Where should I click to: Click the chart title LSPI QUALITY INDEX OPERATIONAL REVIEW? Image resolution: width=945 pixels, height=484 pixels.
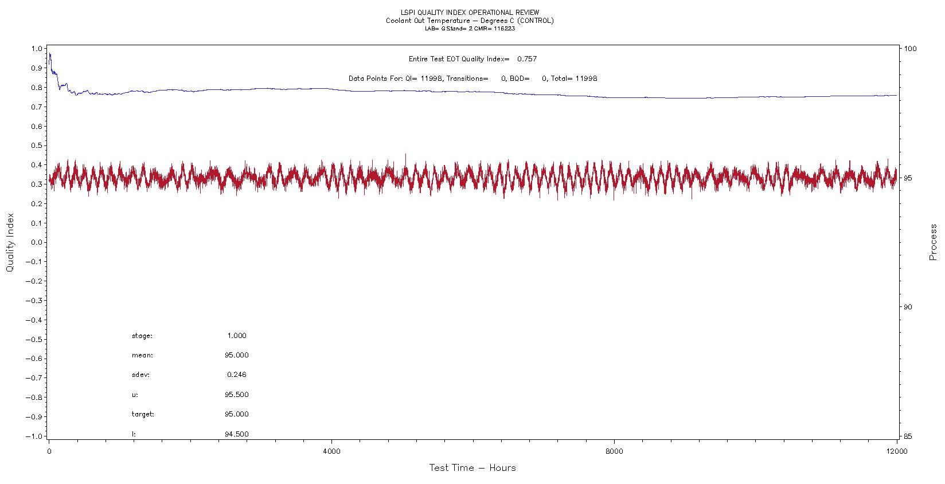click(x=469, y=13)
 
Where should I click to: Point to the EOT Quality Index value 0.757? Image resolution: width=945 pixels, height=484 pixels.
click(x=526, y=59)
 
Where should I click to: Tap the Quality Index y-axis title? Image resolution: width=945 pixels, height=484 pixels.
click(x=10, y=243)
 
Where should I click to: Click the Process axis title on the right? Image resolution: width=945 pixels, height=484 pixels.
click(x=933, y=242)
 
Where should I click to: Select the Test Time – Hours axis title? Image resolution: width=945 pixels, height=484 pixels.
click(x=473, y=468)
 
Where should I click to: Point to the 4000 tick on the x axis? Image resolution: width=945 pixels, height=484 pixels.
click(x=331, y=451)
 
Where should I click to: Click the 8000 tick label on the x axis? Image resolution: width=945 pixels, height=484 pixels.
click(x=614, y=451)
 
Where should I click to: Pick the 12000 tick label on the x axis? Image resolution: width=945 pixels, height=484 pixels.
click(x=896, y=451)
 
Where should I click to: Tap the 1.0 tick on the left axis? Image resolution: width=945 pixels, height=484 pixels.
click(x=37, y=49)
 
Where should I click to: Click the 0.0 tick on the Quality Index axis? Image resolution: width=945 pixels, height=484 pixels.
click(x=37, y=242)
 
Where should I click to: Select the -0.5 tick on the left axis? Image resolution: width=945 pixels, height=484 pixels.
click(x=34, y=339)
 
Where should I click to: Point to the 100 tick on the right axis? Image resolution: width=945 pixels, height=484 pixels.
click(x=910, y=49)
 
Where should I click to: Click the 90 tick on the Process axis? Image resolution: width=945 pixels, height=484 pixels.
click(x=908, y=307)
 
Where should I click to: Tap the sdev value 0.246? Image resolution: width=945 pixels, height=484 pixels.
click(x=237, y=375)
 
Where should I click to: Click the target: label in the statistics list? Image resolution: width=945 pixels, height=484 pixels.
click(x=143, y=414)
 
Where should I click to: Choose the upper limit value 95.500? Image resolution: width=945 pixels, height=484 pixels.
click(x=237, y=395)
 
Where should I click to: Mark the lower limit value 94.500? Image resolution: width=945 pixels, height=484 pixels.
click(x=237, y=434)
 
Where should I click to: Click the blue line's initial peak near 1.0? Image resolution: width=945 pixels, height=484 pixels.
click(x=50, y=54)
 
